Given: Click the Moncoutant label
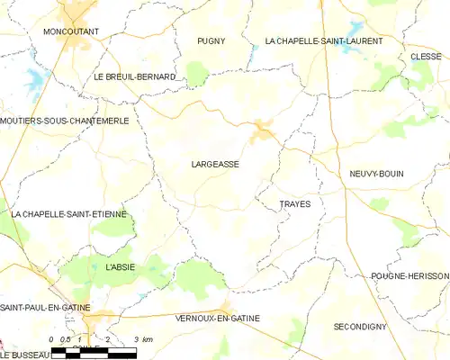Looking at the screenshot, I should tap(70, 31).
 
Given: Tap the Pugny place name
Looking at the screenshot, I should tap(211, 41).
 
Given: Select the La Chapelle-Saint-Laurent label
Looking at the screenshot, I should tap(324, 41).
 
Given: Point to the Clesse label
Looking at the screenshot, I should tap(426, 56).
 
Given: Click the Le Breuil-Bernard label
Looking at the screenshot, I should tap(134, 77).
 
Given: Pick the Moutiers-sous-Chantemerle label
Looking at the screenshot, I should tap(65, 121).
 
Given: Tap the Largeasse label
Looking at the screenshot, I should tap(216, 165).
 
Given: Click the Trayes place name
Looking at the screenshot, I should tap(294, 204).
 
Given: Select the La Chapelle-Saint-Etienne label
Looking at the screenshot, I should tap(69, 214).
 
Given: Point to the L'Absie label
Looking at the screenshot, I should tap(120, 267).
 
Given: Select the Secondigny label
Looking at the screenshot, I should tap(361, 325).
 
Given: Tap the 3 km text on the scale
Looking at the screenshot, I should tap(142, 338).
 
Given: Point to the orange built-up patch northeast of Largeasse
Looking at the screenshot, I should tap(262, 131).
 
